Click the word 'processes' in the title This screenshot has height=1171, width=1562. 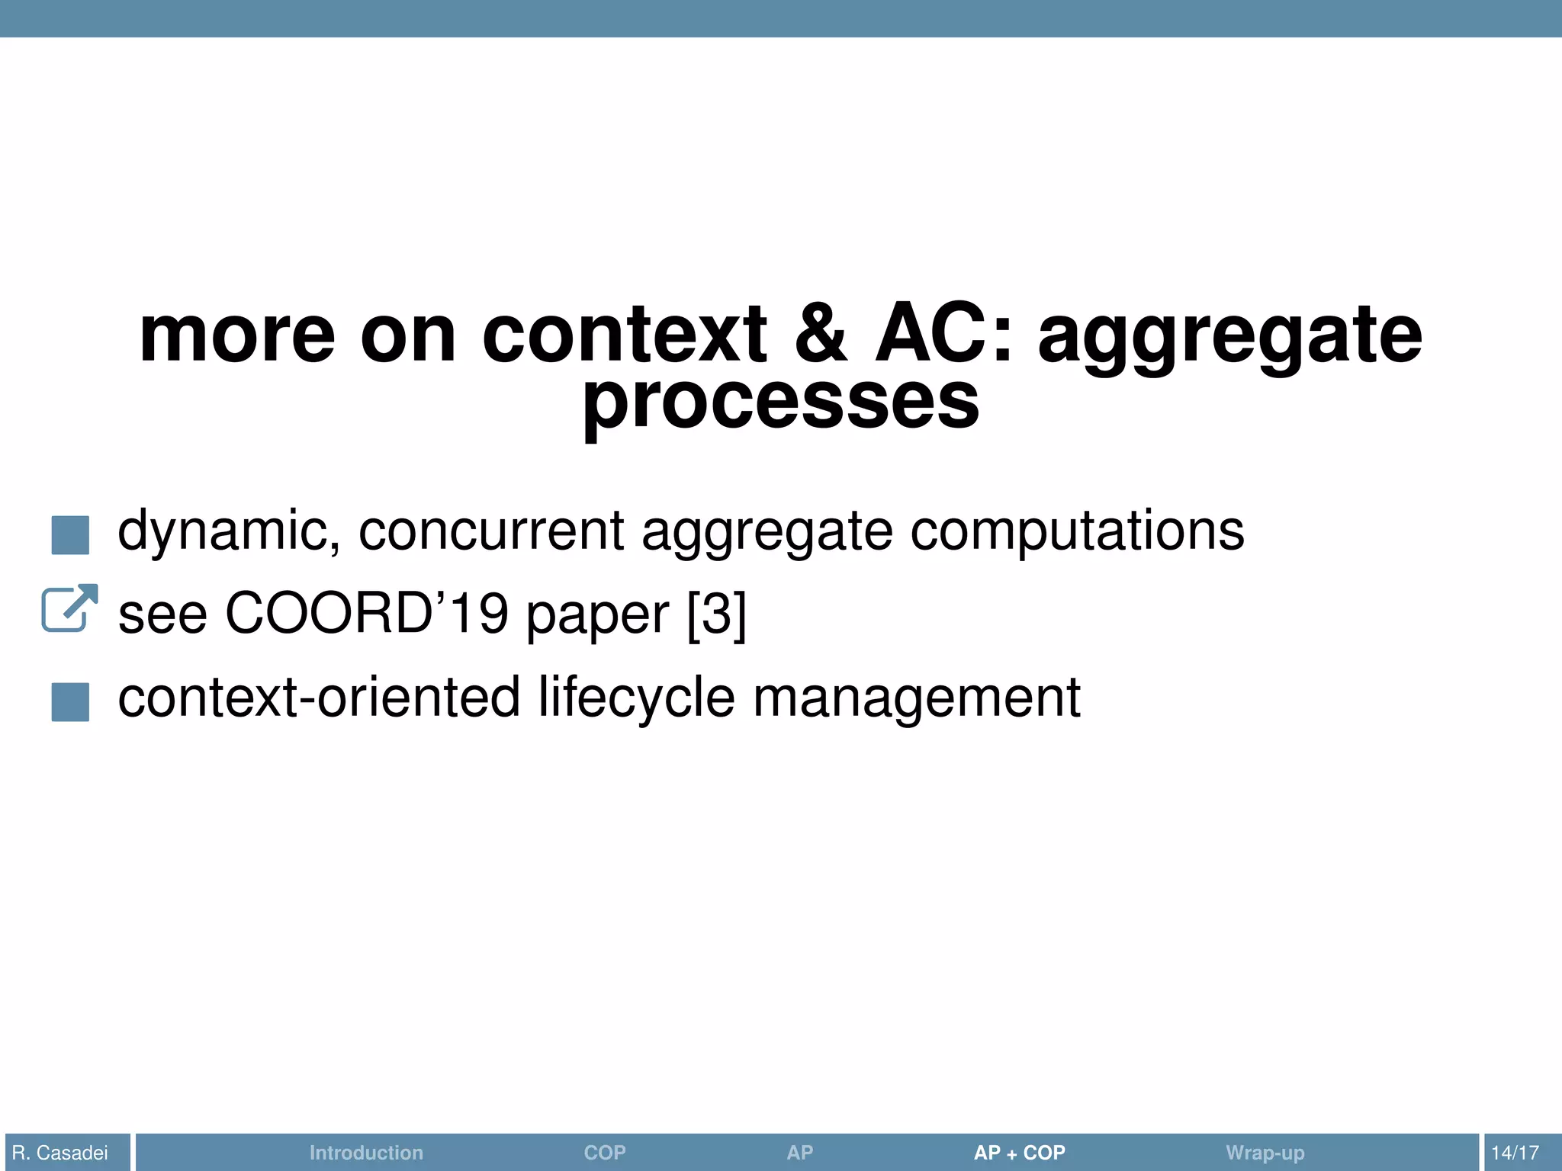[780, 402]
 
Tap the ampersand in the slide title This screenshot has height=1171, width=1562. [821, 335]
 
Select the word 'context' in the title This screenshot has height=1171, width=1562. [624, 335]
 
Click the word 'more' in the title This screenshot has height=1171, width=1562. [237, 335]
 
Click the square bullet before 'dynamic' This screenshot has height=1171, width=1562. [70, 534]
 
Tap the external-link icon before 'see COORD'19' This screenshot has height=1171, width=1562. [69, 608]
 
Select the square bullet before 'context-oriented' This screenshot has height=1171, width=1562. [70, 701]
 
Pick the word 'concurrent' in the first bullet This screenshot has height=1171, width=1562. [491, 531]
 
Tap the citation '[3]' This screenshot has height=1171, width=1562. [716, 614]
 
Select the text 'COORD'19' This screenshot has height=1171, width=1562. [367, 614]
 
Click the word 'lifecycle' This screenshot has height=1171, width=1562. [636, 698]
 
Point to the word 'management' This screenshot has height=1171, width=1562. [917, 698]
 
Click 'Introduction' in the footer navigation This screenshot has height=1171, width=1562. [366, 1153]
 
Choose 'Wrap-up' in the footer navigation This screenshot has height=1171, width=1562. [1265, 1153]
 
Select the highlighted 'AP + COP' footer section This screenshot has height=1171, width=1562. [1019, 1153]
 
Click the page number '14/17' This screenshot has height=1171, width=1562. [1515, 1153]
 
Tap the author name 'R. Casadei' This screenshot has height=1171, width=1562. [60, 1153]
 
